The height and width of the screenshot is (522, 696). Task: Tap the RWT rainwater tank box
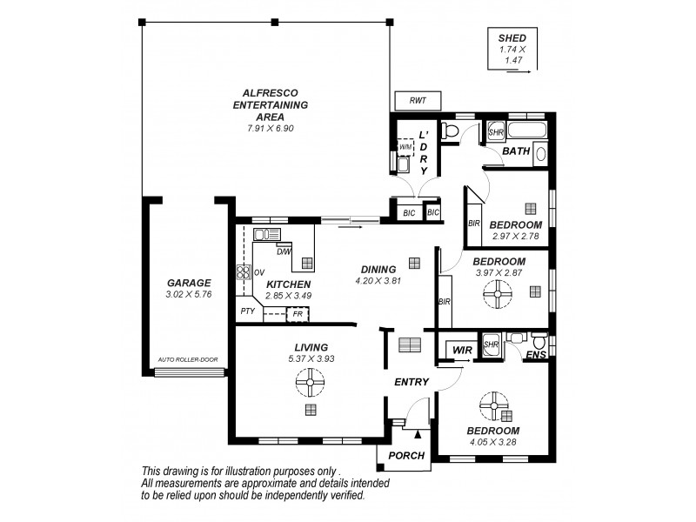(x=418, y=102)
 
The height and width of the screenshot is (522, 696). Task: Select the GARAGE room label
(x=189, y=283)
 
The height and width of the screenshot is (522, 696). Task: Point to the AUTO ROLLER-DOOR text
(x=188, y=358)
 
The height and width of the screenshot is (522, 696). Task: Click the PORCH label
(x=406, y=456)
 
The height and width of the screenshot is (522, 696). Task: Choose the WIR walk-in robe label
(x=459, y=350)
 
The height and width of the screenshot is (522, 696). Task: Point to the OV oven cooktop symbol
(x=243, y=271)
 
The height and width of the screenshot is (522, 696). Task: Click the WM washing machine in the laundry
(x=405, y=148)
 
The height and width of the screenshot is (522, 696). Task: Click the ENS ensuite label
(x=538, y=354)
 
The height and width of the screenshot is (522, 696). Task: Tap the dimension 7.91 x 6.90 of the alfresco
(x=270, y=129)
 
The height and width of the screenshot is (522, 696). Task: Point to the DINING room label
(x=376, y=269)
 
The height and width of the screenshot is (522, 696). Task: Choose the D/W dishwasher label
(x=284, y=251)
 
